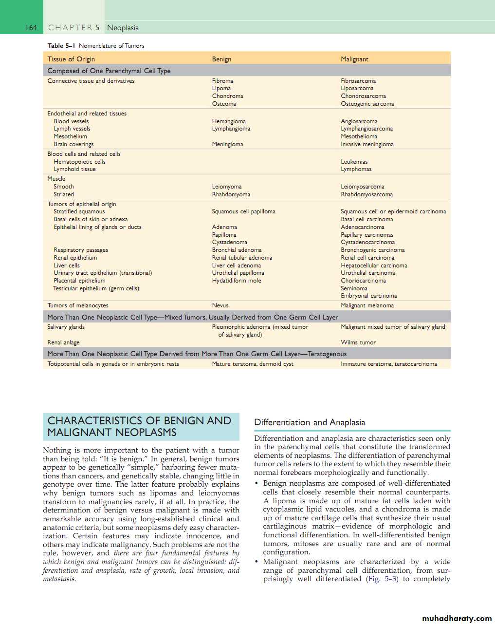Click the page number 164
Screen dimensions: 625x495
[31, 28]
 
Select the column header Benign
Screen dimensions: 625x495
[221, 59]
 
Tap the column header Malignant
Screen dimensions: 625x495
[354, 59]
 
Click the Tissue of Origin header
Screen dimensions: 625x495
[71, 59]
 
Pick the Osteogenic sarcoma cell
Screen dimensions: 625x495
[367, 104]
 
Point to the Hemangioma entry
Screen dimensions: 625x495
[229, 121]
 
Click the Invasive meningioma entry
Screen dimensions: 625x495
[367, 144]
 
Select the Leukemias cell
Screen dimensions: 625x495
[354, 162]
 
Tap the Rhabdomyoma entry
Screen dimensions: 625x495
[231, 194]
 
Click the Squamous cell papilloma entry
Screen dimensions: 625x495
[243, 211]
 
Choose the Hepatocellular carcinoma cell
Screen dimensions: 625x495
[374, 265]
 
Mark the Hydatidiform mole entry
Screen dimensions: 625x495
[237, 281]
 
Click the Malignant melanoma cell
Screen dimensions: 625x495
[367, 305]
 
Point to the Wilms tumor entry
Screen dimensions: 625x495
[358, 342]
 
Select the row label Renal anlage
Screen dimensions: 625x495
[63, 342]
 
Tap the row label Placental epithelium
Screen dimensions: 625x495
[79, 281]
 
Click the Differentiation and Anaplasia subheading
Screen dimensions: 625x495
[310, 422]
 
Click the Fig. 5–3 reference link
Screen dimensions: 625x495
[382, 579]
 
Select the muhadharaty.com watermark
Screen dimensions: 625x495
[457, 618]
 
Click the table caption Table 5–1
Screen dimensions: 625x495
[61, 46]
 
